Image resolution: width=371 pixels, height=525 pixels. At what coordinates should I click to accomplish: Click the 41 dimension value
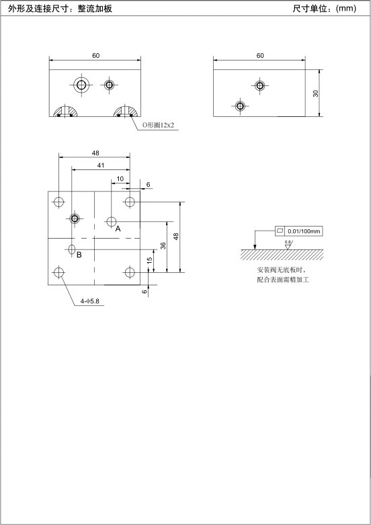click(x=101, y=165)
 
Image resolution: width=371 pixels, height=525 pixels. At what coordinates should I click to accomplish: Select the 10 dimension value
click(x=120, y=179)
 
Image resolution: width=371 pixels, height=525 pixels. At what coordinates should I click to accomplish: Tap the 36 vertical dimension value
click(x=163, y=246)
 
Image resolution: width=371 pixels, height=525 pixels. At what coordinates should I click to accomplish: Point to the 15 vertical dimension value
click(x=150, y=260)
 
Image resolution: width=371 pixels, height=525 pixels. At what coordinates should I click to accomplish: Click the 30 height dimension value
click(x=316, y=93)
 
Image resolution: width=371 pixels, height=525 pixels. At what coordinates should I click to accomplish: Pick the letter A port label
click(x=118, y=229)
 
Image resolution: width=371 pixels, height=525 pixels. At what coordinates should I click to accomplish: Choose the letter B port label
click(x=79, y=255)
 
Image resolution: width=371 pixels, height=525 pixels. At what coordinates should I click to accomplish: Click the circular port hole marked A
click(x=111, y=221)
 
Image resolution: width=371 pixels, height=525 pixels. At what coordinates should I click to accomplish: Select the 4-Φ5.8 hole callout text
click(x=90, y=301)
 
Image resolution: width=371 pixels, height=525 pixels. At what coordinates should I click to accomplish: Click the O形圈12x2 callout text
click(x=159, y=126)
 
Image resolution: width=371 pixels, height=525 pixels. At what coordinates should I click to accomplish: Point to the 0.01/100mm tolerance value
click(x=304, y=231)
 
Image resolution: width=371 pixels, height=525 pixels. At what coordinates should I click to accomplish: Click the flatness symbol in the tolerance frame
click(x=280, y=231)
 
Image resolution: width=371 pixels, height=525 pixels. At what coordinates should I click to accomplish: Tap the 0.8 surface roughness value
click(x=288, y=242)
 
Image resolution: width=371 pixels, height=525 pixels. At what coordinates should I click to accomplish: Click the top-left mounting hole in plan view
click(x=59, y=202)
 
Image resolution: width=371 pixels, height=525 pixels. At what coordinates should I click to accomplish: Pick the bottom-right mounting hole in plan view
click(x=130, y=272)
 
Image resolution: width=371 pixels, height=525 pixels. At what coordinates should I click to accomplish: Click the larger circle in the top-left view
click(x=81, y=85)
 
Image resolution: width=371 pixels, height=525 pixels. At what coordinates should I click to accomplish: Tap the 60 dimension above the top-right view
click(x=260, y=56)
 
